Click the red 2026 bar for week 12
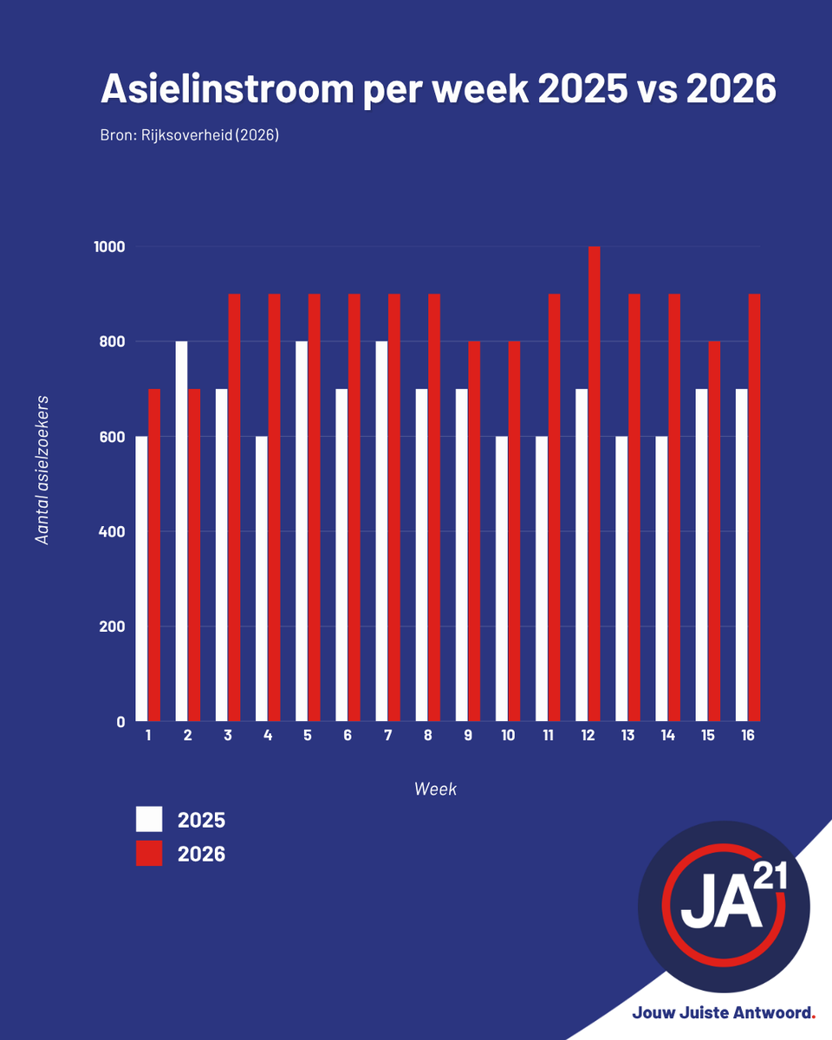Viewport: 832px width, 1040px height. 595,484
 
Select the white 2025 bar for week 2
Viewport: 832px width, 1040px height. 181,531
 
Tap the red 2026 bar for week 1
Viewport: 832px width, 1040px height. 154,555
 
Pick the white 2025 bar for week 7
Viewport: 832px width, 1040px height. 381,531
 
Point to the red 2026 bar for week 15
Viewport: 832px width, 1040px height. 714,531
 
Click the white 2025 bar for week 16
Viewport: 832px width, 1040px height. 742,555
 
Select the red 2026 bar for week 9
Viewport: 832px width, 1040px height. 474,531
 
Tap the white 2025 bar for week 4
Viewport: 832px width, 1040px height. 262,578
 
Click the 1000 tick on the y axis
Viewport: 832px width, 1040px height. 109,247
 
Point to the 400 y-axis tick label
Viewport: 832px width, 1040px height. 112,531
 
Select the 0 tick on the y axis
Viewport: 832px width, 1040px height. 120,722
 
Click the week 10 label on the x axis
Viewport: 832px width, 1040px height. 508,735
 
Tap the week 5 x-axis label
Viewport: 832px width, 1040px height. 308,735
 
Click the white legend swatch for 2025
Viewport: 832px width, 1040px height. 149,819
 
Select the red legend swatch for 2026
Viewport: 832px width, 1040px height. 149,853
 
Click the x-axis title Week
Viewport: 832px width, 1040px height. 435,789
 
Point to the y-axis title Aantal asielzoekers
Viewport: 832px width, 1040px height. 42,471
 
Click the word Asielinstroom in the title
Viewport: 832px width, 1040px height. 227,89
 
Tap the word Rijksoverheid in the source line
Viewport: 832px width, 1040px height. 186,135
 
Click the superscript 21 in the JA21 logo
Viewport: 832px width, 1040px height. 770,876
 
